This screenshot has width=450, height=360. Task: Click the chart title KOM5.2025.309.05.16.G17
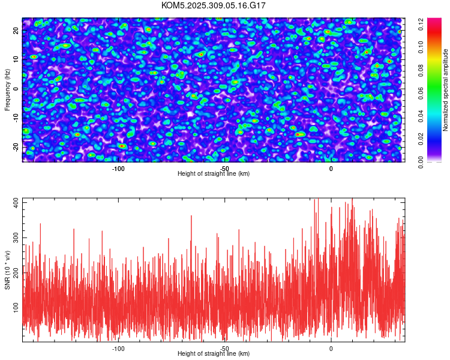tap(214, 5)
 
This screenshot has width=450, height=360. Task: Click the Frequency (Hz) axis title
tap(7, 89)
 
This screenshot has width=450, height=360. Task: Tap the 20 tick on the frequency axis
tap(16, 30)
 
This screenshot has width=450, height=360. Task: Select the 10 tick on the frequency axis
tap(16, 59)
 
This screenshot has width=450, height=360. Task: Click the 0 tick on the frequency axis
tap(16, 88)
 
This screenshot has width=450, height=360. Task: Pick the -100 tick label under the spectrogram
tap(118, 168)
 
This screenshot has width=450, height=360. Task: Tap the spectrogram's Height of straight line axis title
tap(214, 174)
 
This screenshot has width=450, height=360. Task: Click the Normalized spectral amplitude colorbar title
tap(445, 90)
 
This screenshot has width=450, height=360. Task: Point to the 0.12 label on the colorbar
tap(422, 25)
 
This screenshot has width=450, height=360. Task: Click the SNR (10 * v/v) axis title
tap(7, 270)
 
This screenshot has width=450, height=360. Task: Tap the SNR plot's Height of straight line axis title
tap(214, 354)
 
